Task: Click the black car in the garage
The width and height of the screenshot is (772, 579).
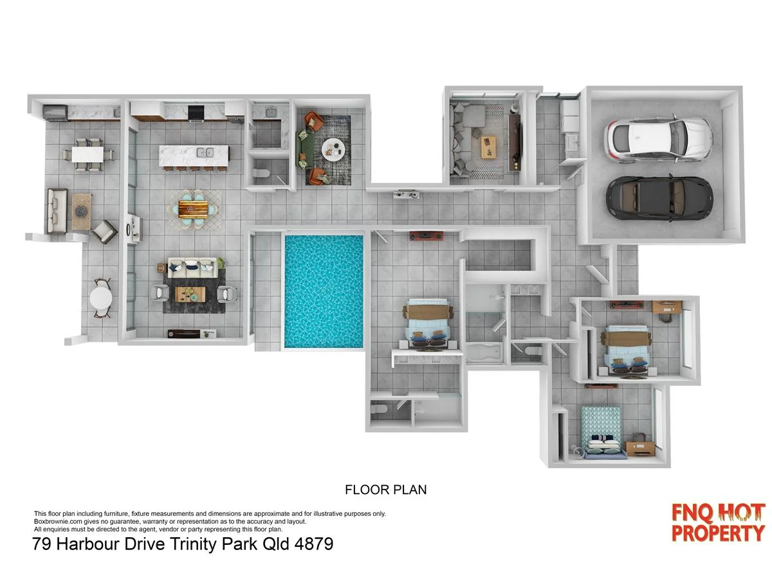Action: click(x=659, y=197)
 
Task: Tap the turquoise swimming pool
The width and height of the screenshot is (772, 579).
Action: click(x=324, y=291)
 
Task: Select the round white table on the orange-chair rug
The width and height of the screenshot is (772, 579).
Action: click(x=333, y=148)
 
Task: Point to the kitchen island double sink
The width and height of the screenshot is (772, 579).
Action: click(x=205, y=154)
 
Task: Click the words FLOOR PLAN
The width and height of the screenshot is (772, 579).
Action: click(x=385, y=490)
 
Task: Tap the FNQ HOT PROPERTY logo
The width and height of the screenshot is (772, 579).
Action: click(x=718, y=522)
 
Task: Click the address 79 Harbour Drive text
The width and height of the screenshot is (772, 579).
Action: click(x=183, y=544)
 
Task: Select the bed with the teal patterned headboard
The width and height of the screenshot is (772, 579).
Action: click(x=602, y=432)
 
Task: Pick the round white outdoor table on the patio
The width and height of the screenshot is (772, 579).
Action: click(x=102, y=297)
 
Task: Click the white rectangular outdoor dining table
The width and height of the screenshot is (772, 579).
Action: click(x=88, y=154)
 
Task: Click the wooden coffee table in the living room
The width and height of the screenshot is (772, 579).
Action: click(x=190, y=294)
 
